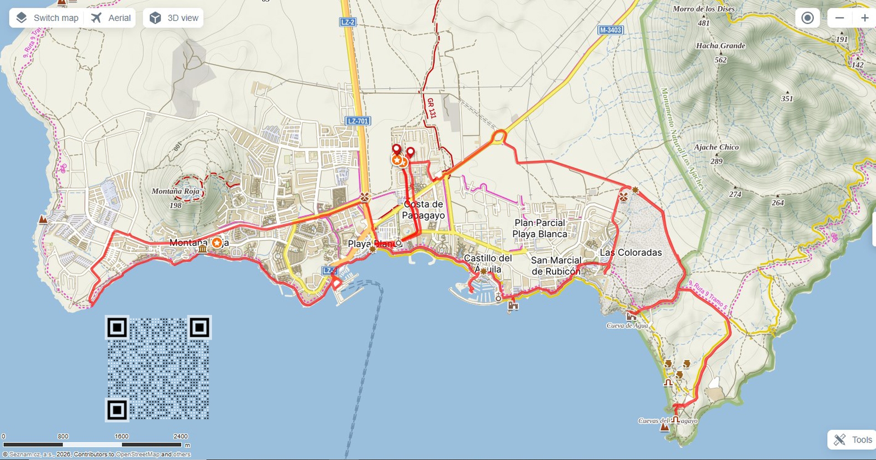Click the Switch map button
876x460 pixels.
pyautogui.click(x=47, y=18)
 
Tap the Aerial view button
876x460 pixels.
pyautogui.click(x=111, y=18)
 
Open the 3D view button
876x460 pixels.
pyautogui.click(x=173, y=18)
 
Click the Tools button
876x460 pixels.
pyautogui.click(x=852, y=439)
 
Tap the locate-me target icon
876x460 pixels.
pyautogui.click(x=808, y=18)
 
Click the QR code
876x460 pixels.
pyautogui.click(x=158, y=368)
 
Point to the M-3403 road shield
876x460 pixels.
pyautogui.click(x=610, y=30)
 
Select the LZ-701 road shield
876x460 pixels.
pyautogui.click(x=358, y=121)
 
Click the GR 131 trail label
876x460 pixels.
pyautogui.click(x=431, y=108)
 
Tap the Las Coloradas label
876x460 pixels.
pyautogui.click(x=631, y=253)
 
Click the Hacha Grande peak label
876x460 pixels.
pyautogui.click(x=720, y=46)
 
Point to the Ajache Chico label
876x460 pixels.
pyautogui.click(x=716, y=147)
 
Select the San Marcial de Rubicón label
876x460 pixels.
pyautogui.click(x=556, y=266)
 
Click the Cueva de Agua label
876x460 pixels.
pyautogui.click(x=627, y=326)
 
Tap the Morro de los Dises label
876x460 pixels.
pyautogui.click(x=704, y=9)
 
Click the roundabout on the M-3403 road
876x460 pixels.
pyautogui.click(x=500, y=136)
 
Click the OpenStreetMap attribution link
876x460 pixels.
pyautogui.click(x=137, y=455)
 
